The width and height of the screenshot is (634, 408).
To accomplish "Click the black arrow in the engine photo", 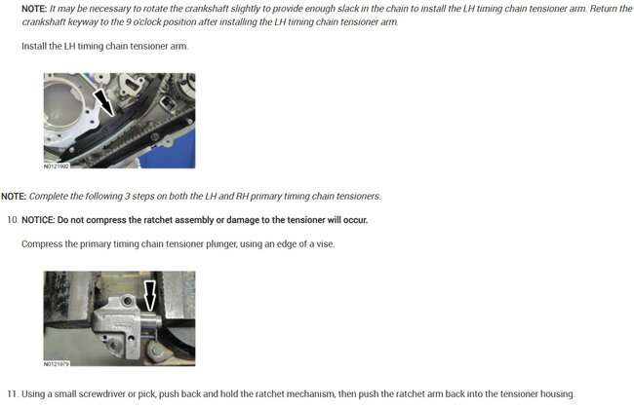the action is coord(104,103).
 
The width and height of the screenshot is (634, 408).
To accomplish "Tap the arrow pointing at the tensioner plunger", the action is coord(150,296).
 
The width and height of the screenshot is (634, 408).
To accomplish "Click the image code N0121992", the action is coord(57,166).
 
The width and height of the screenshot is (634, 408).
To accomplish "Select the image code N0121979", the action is coord(57,364).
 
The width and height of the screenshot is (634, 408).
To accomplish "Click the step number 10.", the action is coord(13,220).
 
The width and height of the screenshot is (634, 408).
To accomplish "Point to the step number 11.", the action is coord(13,393).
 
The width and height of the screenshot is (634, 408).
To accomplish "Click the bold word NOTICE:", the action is coord(38,220).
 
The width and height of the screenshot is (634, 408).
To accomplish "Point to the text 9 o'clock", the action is coord(142,21).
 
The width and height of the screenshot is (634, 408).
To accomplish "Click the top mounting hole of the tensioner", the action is coord(128,300).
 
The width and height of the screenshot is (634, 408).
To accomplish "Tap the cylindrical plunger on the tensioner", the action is coord(151,322).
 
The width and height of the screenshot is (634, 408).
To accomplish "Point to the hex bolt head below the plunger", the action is coord(156,352).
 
